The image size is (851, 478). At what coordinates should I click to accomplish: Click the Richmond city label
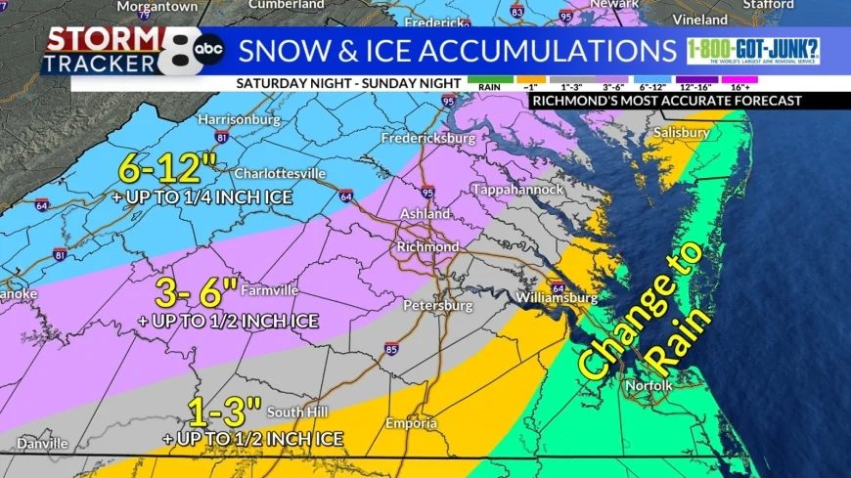pos(427,247)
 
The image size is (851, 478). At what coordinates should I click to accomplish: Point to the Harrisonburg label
pos(239,119)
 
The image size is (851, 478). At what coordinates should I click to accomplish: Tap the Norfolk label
pos(649,386)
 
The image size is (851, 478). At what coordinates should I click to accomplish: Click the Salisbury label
pos(681,132)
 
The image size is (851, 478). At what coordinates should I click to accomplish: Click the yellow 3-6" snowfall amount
pos(197,290)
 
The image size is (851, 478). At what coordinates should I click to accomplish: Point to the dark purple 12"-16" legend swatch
pos(694,77)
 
